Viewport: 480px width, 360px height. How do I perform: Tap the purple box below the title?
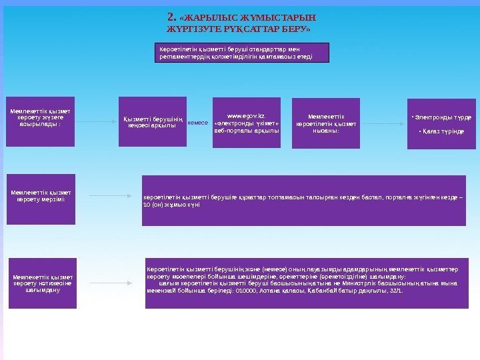click(x=242, y=52)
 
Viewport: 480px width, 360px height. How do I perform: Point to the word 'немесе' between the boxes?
click(x=198, y=123)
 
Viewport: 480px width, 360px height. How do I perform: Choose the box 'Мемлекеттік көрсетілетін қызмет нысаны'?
click(x=326, y=123)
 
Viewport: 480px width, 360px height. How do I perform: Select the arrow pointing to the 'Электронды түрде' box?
click(x=383, y=122)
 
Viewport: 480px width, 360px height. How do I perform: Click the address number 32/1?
click(x=395, y=292)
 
